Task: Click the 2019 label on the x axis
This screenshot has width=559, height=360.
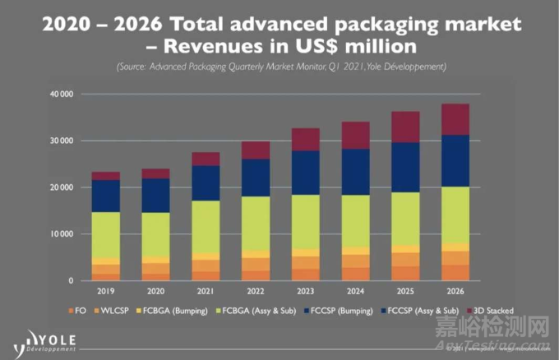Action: click(x=105, y=290)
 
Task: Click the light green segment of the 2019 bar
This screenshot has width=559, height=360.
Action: click(x=105, y=234)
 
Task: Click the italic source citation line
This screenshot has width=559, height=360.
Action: click(x=279, y=66)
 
